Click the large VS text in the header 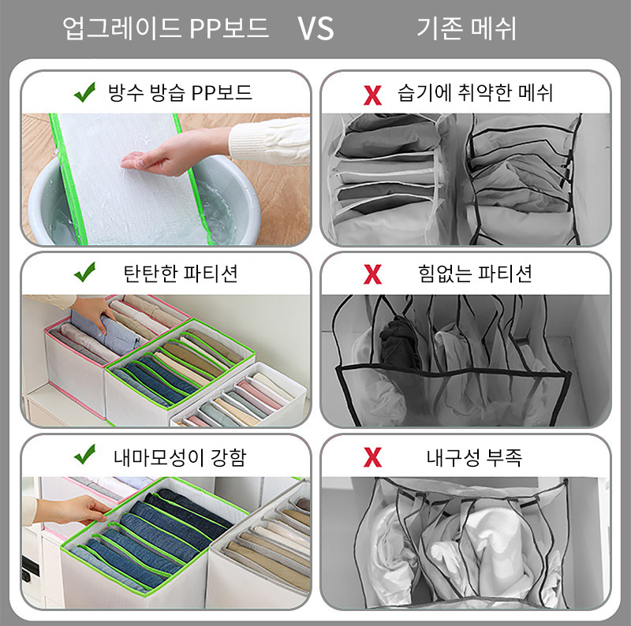[x=315, y=28]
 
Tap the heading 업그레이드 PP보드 [x=166, y=28]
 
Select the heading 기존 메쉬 [x=466, y=28]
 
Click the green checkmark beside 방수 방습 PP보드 [x=85, y=92]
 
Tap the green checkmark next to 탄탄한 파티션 [x=85, y=272]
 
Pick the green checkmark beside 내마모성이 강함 [x=85, y=455]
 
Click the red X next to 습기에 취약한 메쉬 [x=372, y=95]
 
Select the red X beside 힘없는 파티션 [x=372, y=274]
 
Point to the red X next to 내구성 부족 [x=372, y=457]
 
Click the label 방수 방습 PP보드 [x=180, y=92]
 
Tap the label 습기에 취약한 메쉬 [x=475, y=92]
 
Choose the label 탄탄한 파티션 [x=181, y=274]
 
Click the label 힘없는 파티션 [x=475, y=274]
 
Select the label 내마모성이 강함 [x=180, y=457]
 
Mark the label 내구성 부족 [x=475, y=457]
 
